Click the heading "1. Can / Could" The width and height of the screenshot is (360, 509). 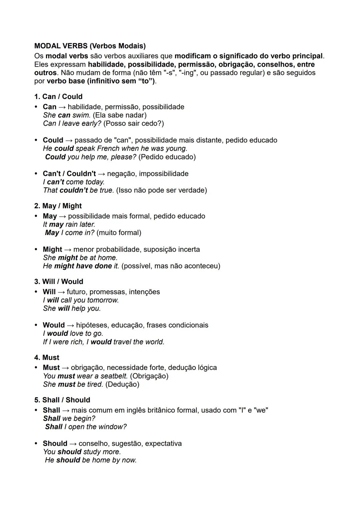coord(58,97)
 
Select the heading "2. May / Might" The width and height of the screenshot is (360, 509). coord(58,206)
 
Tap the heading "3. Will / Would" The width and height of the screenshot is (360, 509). coord(59,282)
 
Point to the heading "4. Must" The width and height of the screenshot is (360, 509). coord(47,358)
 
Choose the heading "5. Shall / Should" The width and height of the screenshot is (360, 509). coord(62,400)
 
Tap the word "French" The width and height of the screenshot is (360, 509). coord(107,149)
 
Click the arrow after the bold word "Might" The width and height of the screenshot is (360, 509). coord(68,250)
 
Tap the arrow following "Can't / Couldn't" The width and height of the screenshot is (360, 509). coord(101,174)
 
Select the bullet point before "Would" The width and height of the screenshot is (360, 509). coord(36,325)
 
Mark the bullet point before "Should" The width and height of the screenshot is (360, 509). coord(36,444)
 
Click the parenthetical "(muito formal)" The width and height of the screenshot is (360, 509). coord(119,233)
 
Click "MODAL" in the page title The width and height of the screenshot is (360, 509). coord(47,46)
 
